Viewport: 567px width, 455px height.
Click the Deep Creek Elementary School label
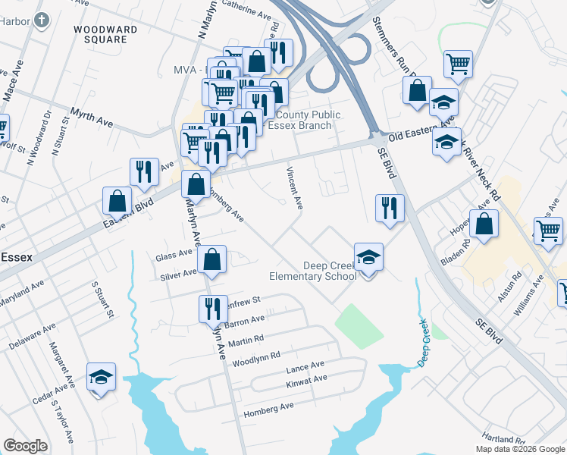click(329, 271)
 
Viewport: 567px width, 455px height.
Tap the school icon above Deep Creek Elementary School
click(368, 256)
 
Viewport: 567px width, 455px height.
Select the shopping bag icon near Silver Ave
click(213, 260)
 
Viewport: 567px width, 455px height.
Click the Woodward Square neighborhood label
click(105, 34)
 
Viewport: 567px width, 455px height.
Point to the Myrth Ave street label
click(91, 117)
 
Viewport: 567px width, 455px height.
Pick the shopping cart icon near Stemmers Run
click(459, 64)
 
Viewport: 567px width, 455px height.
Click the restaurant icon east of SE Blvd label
click(390, 207)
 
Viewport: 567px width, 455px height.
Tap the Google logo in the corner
click(25, 445)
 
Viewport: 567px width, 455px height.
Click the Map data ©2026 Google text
click(519, 449)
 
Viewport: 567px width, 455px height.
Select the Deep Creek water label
click(424, 343)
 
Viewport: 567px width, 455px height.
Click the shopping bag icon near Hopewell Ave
click(484, 224)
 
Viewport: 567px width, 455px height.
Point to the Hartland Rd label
click(503, 439)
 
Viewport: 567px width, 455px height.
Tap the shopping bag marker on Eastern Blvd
click(117, 201)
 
